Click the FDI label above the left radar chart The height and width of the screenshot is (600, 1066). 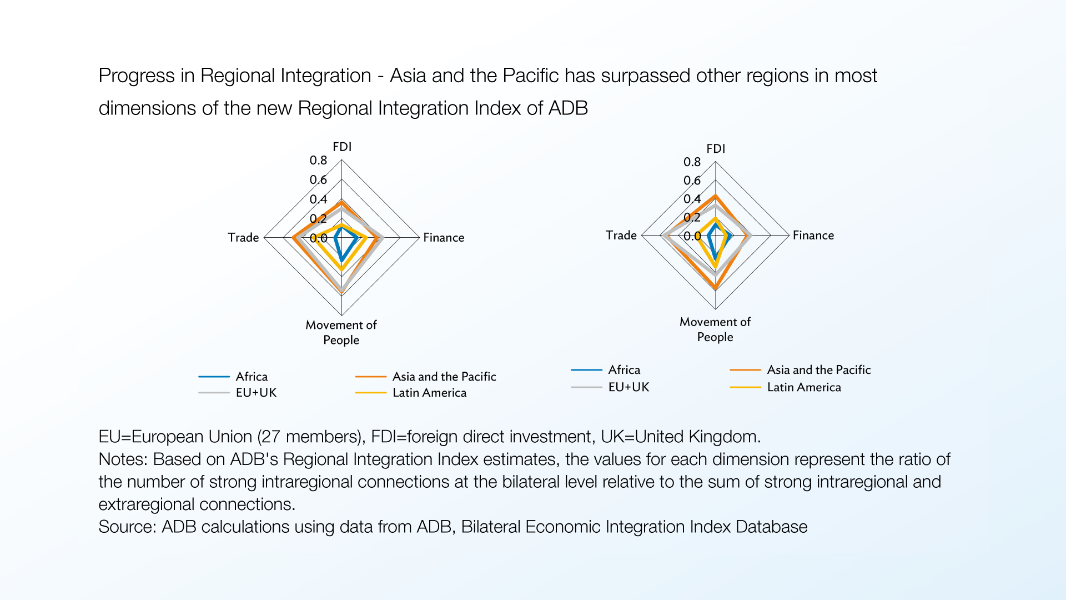[342, 147]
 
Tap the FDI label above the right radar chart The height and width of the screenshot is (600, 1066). [716, 148]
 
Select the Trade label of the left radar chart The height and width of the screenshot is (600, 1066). [243, 237]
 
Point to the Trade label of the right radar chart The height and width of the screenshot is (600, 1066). [621, 235]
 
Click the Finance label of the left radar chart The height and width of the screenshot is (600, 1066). [444, 237]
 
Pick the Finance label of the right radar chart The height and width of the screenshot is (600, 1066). [813, 235]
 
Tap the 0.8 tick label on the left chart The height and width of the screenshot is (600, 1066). [319, 160]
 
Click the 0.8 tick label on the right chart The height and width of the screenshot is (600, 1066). [692, 162]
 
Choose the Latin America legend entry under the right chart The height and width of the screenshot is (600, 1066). [786, 387]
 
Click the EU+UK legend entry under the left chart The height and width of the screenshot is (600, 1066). [238, 392]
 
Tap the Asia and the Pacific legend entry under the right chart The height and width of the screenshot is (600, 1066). [800, 369]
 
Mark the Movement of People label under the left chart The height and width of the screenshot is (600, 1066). [341, 332]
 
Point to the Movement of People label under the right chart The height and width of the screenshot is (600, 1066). [715, 329]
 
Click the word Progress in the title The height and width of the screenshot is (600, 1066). [137, 76]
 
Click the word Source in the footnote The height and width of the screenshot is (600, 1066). [127, 526]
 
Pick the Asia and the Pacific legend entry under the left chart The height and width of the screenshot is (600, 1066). [426, 376]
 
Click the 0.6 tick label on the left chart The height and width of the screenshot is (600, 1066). [319, 179]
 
